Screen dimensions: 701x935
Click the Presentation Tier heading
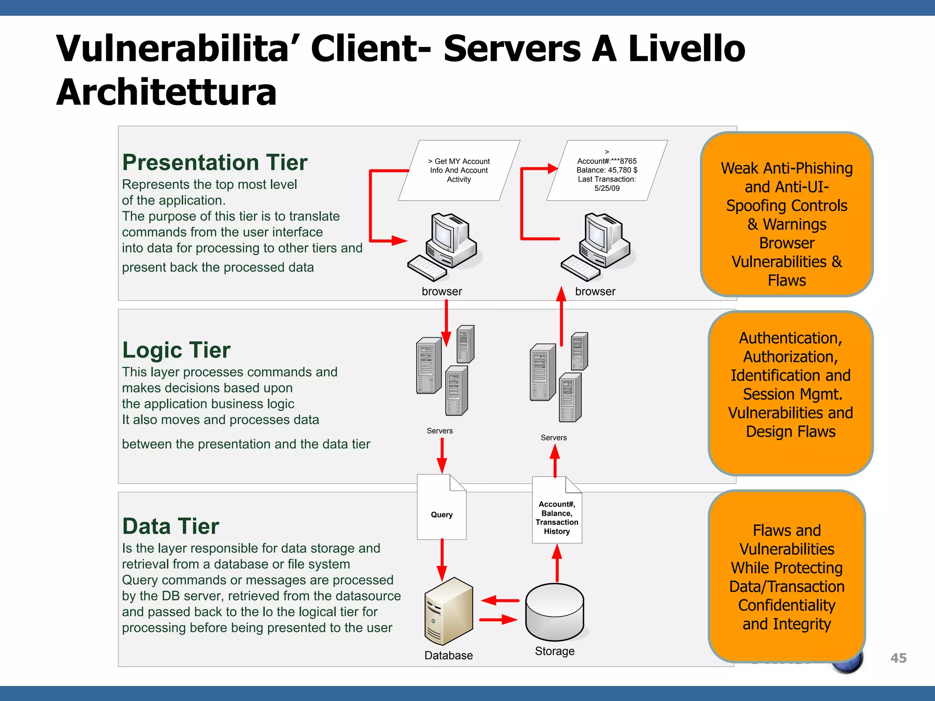[215, 162]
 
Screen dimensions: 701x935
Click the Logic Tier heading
[176, 350]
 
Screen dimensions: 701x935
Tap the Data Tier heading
[171, 526]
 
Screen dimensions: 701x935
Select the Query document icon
[441, 507]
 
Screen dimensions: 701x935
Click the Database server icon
[448, 611]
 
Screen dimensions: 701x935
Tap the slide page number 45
[898, 658]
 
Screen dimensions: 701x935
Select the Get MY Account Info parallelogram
[459, 170]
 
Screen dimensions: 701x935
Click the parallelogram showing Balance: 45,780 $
[607, 170]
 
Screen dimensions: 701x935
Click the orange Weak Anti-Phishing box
[786, 214]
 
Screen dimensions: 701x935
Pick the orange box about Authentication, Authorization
[790, 393]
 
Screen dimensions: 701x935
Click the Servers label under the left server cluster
[440, 431]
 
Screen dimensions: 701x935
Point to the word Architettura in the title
[166, 92]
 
